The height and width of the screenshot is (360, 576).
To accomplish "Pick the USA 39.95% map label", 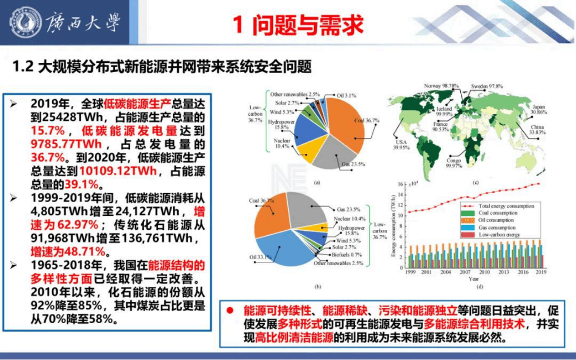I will pos(401,145).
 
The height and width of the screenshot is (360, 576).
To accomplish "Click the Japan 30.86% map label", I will pos(538,109).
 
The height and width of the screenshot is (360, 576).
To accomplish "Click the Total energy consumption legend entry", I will pos(506,206).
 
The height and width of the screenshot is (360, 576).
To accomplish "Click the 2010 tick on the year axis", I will pos(484,272).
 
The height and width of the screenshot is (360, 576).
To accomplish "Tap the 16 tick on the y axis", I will pos(401,184).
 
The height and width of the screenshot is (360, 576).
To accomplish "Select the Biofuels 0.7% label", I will pos(347,255).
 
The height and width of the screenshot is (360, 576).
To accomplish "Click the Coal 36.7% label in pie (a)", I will pos(366,120).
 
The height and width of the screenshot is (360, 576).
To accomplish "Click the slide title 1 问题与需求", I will pos(298,25).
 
